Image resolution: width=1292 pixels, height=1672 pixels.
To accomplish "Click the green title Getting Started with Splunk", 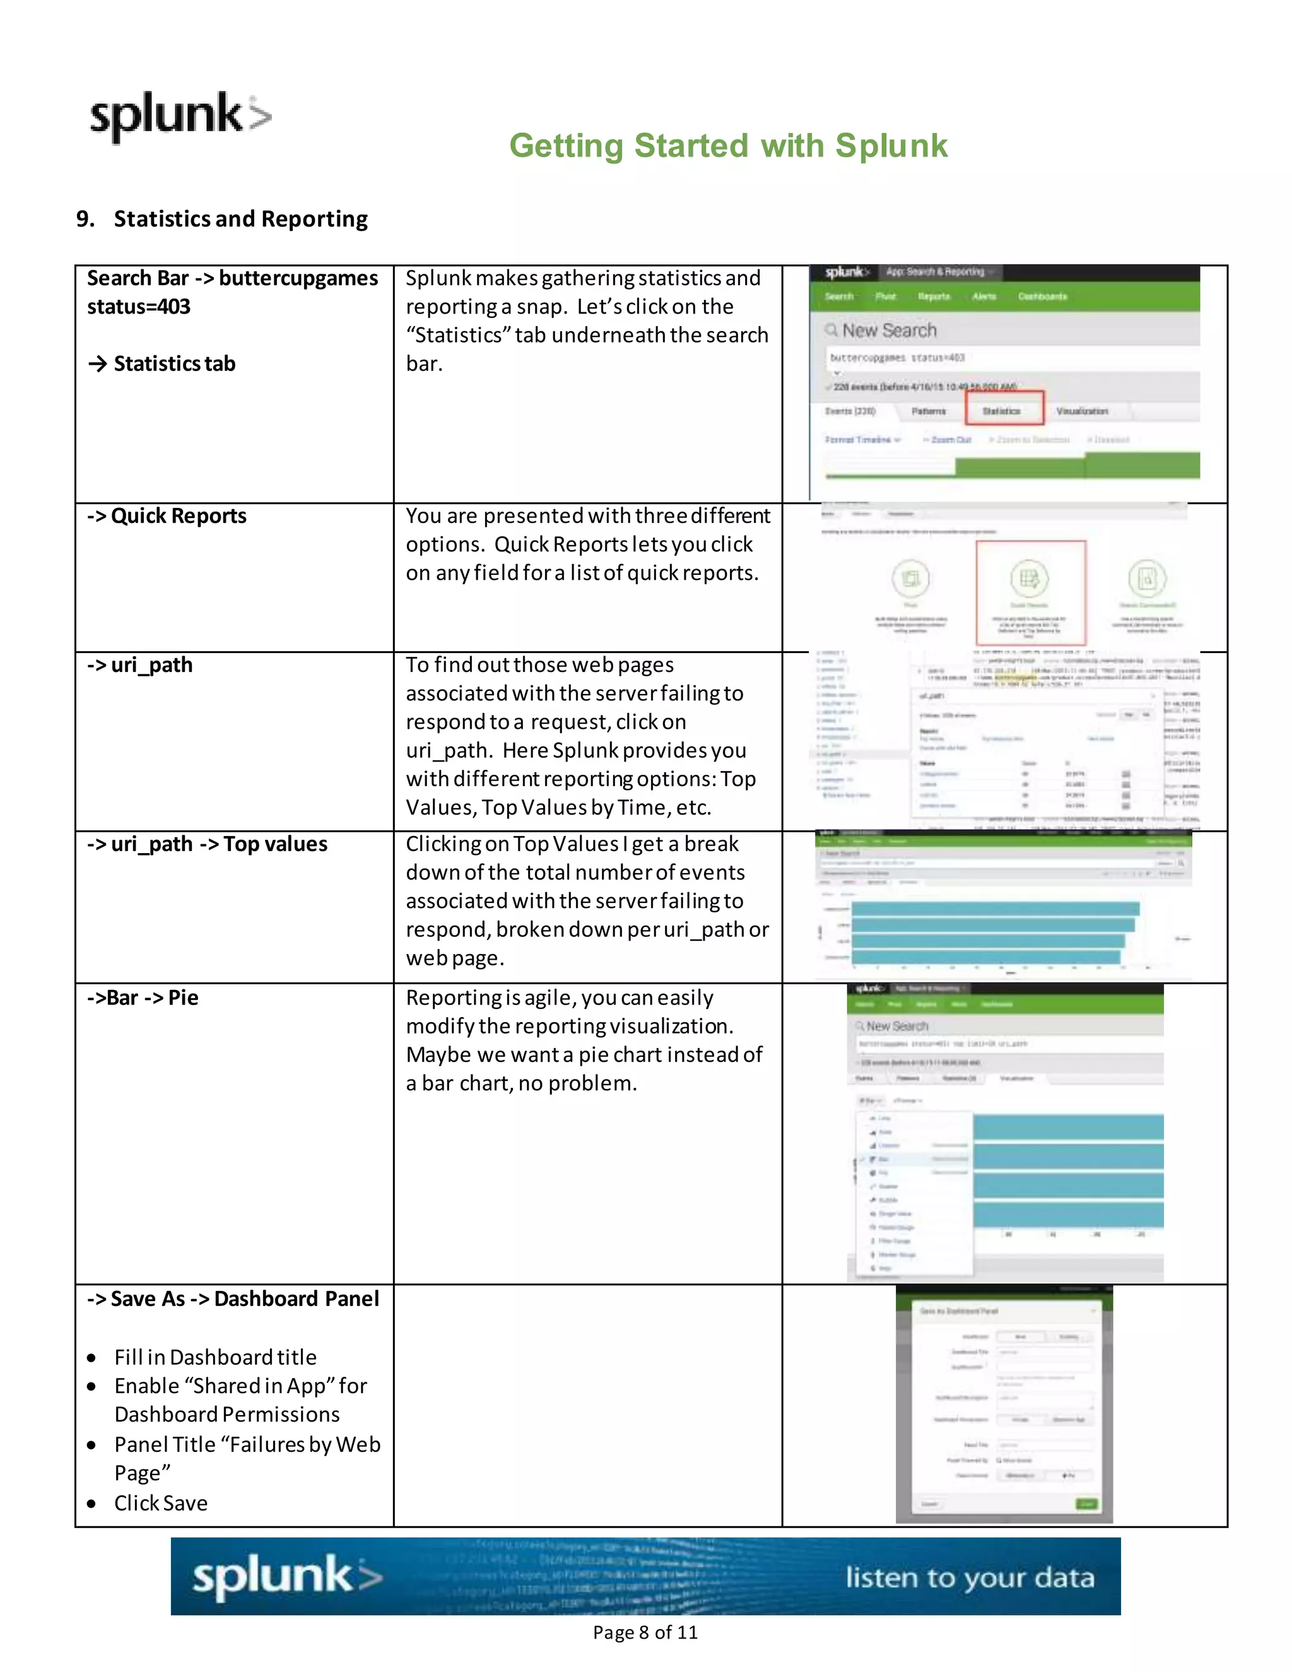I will coord(728,146).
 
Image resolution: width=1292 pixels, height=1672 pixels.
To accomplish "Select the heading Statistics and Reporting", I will coord(240,219).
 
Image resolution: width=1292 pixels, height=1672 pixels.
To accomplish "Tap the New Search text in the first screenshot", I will coord(889,331).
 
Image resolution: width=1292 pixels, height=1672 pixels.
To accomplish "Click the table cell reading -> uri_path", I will coord(151,664).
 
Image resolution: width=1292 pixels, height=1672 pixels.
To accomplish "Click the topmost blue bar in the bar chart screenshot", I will coord(995,909).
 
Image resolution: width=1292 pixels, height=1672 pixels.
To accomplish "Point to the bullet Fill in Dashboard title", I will coord(215,1357).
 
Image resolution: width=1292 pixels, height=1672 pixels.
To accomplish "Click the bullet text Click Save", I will coord(161,1503).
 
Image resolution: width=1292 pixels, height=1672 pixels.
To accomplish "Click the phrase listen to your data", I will coord(969,1578).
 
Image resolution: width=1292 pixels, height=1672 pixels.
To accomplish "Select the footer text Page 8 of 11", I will coord(645,1632).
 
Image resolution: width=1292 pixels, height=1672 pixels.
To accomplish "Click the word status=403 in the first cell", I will coord(139,307).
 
